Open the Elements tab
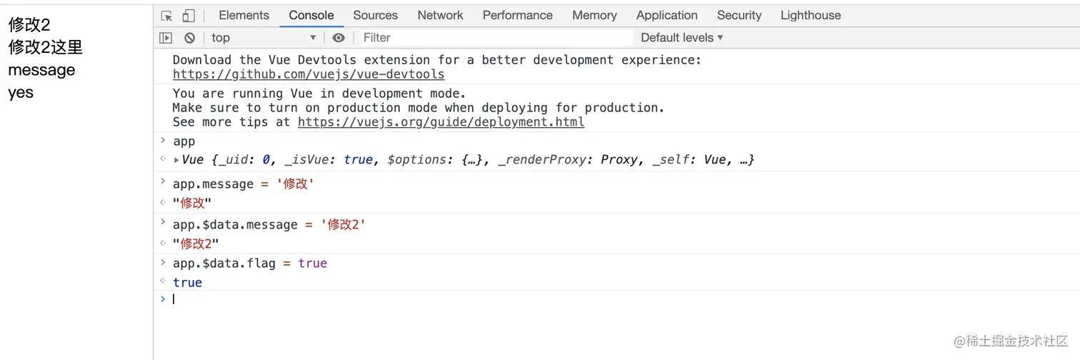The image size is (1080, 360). pos(244,16)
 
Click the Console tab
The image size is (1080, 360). pos(311,16)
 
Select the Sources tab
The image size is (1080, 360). pos(376,16)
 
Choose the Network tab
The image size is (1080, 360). pos(440,16)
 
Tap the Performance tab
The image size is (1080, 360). pos(518,16)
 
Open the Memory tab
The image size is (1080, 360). pos(594,16)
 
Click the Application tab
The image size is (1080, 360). pos(667,16)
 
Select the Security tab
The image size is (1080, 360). pos(739,16)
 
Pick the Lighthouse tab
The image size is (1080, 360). pos(811,16)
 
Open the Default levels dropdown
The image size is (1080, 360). pos(681,38)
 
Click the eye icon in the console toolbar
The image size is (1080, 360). pos(339,38)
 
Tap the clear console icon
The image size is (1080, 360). pos(189,38)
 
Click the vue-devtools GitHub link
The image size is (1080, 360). pos(309,74)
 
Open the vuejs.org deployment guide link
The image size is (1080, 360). pos(441,122)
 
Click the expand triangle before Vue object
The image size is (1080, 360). pos(176,160)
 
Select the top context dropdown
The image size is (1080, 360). pos(264,38)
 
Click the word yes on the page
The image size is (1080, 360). pos(21,93)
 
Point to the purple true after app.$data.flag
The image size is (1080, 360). pos(312,263)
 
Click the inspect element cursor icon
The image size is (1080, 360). pos(167,16)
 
